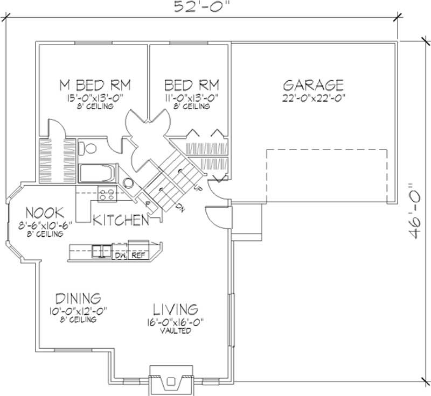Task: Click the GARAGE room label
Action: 313,85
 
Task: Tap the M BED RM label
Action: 95,85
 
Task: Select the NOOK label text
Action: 45,213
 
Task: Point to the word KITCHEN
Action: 121,220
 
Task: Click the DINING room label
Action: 78,298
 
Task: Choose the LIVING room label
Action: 176,309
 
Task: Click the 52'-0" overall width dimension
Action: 201,6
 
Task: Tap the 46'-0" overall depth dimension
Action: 414,211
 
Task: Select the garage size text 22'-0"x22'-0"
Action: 314,98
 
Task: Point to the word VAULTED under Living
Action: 176,331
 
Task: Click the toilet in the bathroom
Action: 87,148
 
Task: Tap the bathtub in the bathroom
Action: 98,173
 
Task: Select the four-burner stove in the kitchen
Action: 107,194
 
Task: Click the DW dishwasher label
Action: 120,256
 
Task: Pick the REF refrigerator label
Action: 138,256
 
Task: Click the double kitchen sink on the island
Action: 101,251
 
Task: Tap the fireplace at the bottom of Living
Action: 171,379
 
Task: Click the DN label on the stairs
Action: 180,208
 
